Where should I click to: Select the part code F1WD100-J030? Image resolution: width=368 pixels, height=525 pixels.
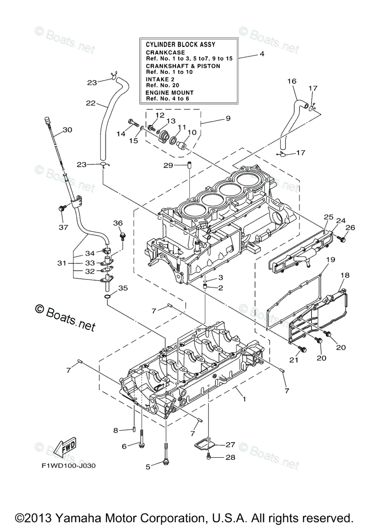66,465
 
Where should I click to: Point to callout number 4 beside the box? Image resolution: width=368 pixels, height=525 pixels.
262,54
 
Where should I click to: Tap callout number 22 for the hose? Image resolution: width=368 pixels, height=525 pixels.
91,103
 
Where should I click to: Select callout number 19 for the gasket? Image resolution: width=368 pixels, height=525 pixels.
330,259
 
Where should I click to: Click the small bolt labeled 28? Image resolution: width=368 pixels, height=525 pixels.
208,457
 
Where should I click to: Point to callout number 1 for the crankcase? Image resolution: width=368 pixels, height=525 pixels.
244,399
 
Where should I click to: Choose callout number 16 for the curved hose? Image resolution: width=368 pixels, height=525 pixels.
292,81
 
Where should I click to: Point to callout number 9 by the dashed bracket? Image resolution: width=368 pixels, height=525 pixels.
228,118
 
